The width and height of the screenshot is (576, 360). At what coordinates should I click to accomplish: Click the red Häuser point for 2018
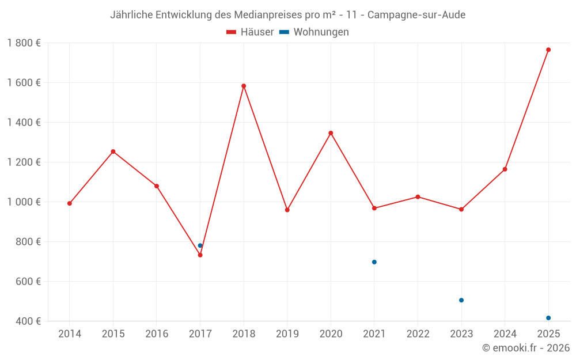coord(244,86)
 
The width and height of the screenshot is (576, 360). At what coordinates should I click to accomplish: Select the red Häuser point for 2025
coord(548,50)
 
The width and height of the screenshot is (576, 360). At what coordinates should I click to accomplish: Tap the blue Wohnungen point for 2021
coord(374,262)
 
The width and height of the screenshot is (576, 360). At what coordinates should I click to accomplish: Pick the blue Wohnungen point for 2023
coord(461,300)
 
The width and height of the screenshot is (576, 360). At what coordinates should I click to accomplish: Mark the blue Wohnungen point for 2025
coord(548,318)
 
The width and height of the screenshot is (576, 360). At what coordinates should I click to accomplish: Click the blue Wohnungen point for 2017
coord(200,245)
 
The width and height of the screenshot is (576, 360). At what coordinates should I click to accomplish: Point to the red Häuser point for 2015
coord(113,151)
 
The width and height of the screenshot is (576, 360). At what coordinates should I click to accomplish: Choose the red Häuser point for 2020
coord(331,133)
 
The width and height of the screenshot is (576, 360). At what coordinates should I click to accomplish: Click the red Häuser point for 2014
coord(70,203)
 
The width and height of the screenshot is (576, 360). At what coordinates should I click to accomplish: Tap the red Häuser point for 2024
coord(505,169)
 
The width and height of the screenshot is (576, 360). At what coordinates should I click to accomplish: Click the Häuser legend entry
coord(250,32)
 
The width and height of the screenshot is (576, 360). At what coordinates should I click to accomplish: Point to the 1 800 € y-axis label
coord(24,43)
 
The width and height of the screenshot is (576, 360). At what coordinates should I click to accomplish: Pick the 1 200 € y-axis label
coord(24,162)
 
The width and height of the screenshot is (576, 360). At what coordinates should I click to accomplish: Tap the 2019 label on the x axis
coord(287,334)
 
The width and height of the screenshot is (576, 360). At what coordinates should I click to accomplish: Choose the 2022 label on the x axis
coord(418,334)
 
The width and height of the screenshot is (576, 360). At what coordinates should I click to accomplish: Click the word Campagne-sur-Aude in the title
coord(416,15)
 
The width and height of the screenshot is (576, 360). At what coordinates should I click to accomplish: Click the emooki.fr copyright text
coord(525,348)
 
